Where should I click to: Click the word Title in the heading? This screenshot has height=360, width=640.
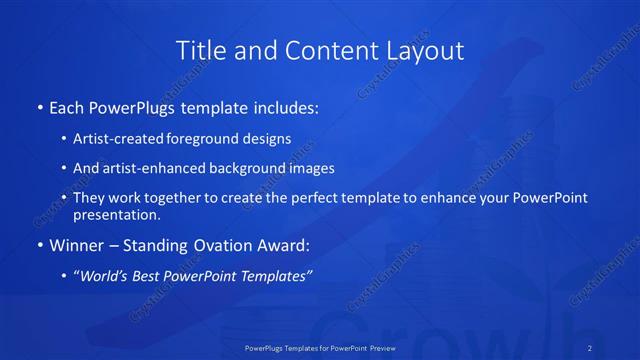pos(198,50)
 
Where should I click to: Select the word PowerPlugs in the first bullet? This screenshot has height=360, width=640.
pos(137,105)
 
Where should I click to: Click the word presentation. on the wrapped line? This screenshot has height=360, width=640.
pos(117,214)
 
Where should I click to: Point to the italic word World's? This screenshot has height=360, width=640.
pos(108,276)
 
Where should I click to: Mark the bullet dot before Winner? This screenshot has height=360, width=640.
pos(40,245)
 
